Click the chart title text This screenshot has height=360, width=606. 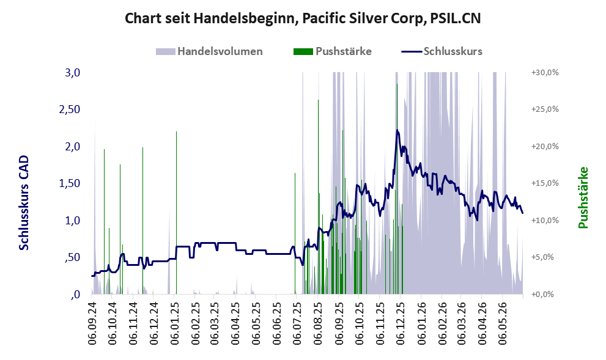point(303,18)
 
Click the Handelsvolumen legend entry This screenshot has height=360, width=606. point(209,51)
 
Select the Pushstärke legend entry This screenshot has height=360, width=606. point(333,51)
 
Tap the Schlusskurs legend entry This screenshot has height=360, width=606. point(442,51)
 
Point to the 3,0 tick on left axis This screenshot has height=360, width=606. point(72,72)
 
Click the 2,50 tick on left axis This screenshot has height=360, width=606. point(70,109)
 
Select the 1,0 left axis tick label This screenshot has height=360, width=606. point(72,221)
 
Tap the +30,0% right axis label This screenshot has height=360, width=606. point(545,73)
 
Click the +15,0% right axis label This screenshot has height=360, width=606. point(545,183)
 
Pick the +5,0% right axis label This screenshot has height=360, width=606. point(542,257)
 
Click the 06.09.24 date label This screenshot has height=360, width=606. point(92,323)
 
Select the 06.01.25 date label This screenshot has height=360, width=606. point(175,323)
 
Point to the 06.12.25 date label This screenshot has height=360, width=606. point(401,323)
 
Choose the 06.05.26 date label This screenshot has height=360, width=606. point(503,323)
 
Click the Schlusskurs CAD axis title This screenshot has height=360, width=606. point(24,203)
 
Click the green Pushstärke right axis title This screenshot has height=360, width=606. point(583,198)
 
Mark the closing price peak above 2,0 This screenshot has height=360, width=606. point(397,130)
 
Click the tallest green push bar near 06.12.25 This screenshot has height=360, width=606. point(397,189)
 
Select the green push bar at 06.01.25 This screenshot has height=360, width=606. point(176,213)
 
